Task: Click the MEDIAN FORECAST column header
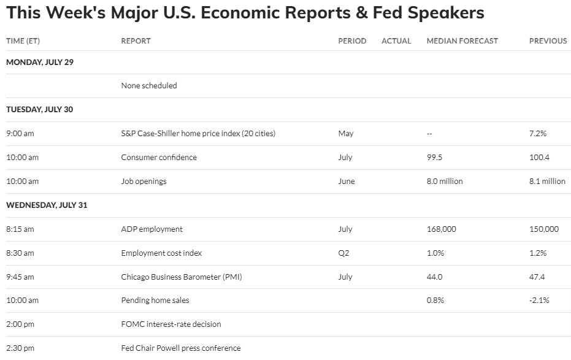click(x=462, y=41)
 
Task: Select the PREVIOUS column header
click(x=548, y=41)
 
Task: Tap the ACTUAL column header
click(x=396, y=41)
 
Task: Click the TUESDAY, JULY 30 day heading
click(x=39, y=109)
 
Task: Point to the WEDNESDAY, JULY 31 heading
click(x=47, y=205)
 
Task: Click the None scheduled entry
click(x=149, y=86)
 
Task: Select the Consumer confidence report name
click(x=159, y=157)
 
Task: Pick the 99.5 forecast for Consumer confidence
click(x=434, y=157)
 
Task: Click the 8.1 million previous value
click(x=547, y=181)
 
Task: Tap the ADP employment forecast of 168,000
click(x=441, y=229)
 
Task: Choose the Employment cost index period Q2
click(x=343, y=253)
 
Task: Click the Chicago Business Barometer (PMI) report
click(x=182, y=277)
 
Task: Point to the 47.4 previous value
click(x=537, y=277)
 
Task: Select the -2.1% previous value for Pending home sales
click(x=539, y=301)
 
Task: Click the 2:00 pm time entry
click(x=20, y=324)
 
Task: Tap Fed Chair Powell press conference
click(x=181, y=348)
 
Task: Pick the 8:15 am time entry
click(x=20, y=229)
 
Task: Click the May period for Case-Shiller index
click(x=345, y=133)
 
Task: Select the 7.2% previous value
click(x=537, y=133)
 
